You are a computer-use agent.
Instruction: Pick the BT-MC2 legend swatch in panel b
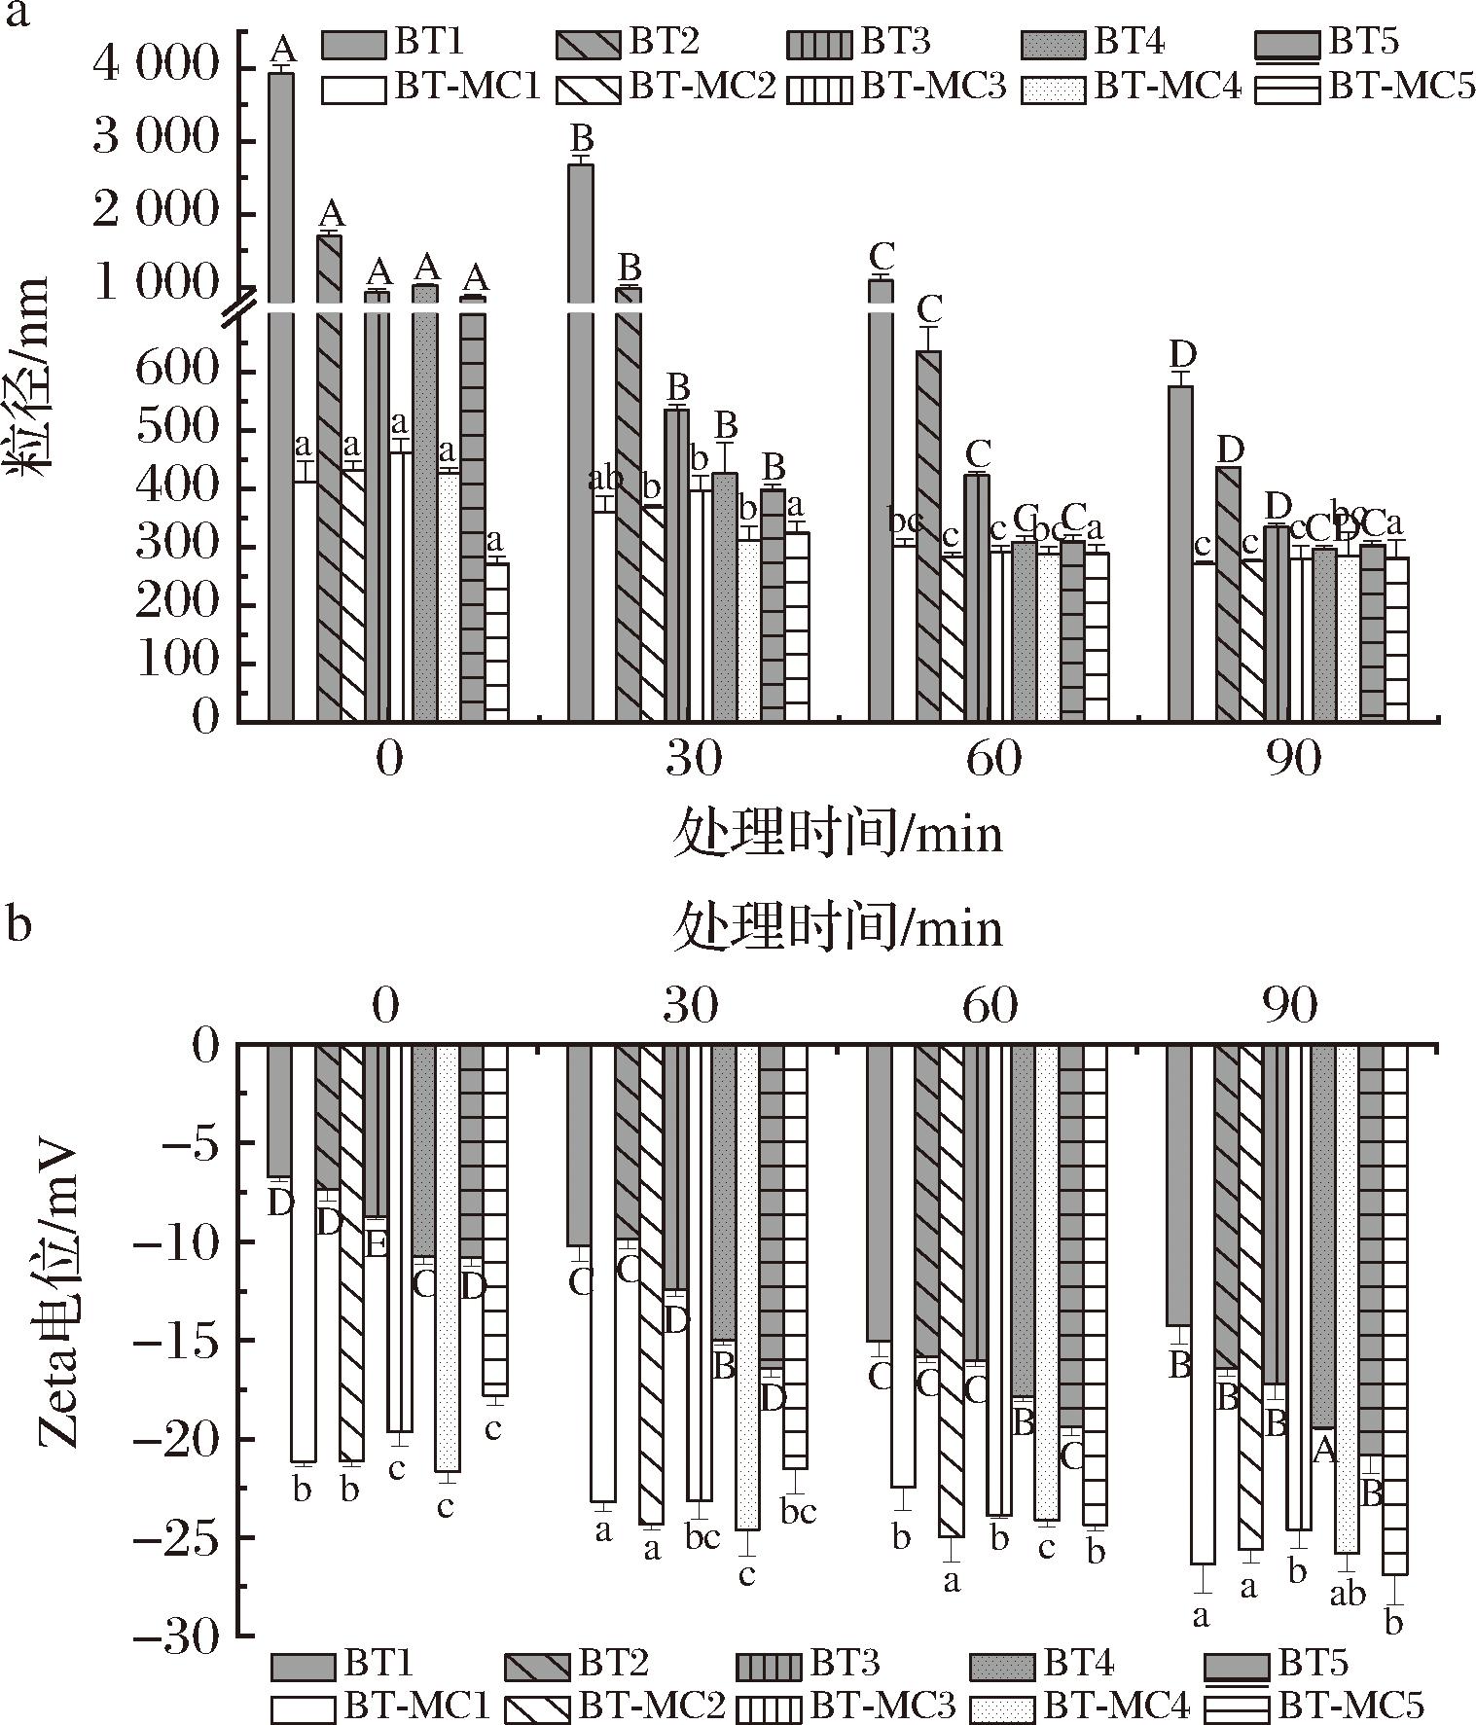pyautogui.click(x=537, y=1707)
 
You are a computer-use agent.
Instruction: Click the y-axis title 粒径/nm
pyautogui.click(x=31, y=375)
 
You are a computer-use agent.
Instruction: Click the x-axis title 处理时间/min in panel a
pyautogui.click(x=838, y=836)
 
